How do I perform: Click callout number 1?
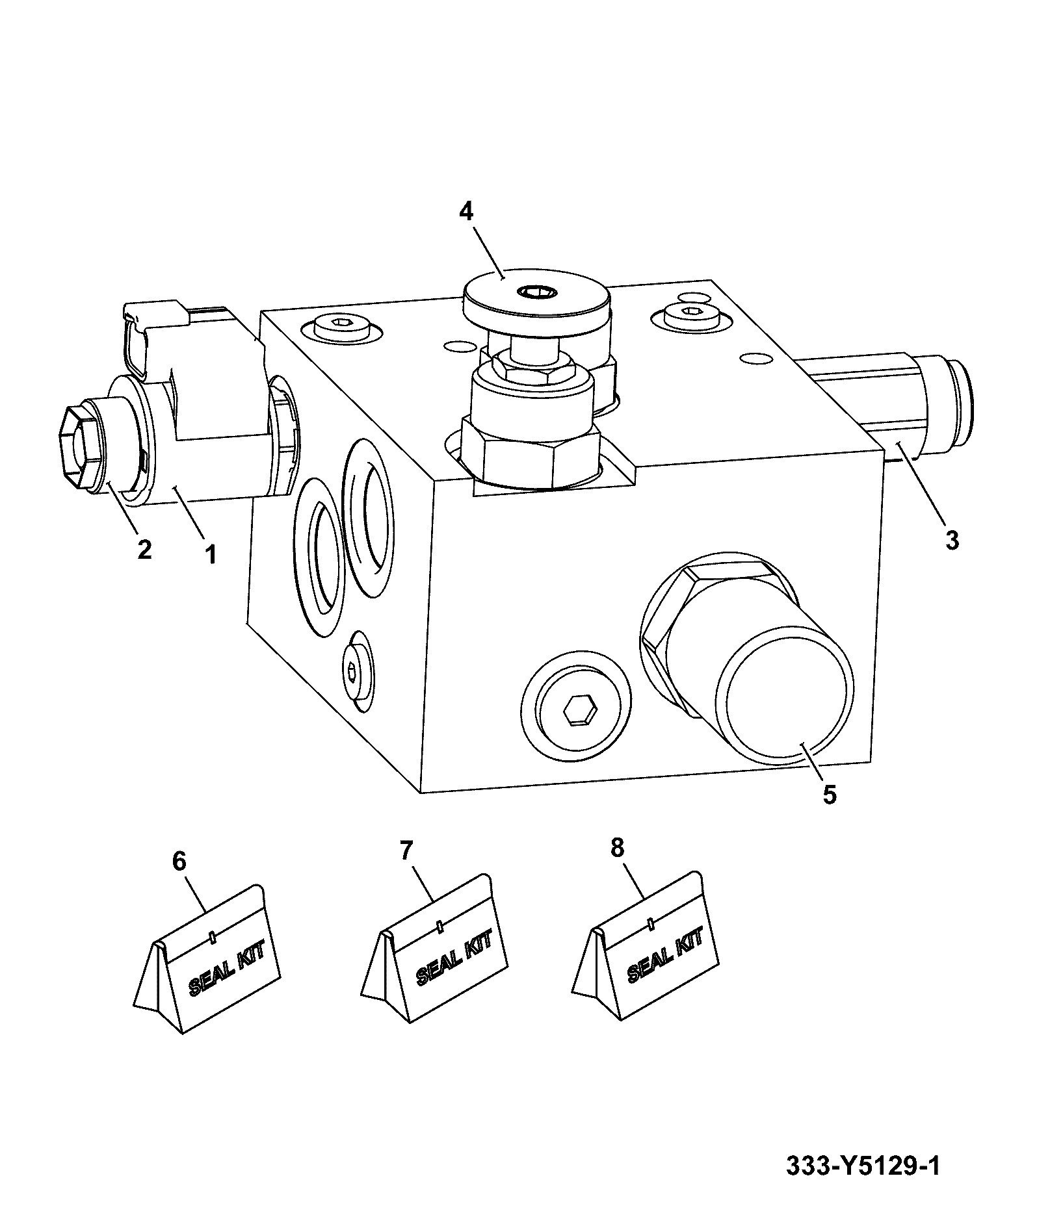211,555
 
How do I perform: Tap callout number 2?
144,549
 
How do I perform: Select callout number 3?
952,540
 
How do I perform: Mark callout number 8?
617,847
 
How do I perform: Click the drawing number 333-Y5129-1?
863,1166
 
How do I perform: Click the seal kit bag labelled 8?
646,945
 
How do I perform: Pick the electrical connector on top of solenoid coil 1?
182,338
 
